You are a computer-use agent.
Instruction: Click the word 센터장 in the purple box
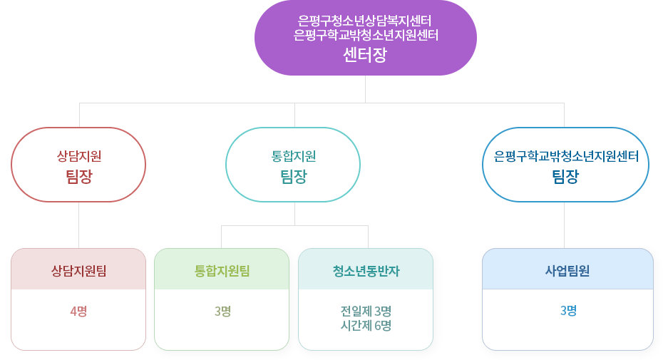click(x=365, y=55)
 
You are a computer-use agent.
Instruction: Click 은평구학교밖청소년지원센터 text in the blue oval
click(x=565, y=155)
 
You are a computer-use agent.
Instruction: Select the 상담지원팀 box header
click(x=79, y=270)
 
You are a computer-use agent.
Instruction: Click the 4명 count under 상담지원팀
click(x=79, y=311)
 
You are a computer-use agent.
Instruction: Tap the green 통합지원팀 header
click(x=222, y=270)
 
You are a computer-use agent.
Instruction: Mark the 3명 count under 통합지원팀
click(x=222, y=311)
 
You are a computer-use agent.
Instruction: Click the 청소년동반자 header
click(x=366, y=270)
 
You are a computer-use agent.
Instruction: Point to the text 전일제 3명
click(x=366, y=311)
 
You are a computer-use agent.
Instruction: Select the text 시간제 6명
click(x=366, y=325)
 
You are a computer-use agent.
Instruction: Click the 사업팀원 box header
click(x=567, y=270)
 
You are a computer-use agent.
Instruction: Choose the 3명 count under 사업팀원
click(x=567, y=311)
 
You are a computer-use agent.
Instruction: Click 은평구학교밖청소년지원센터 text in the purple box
click(x=365, y=34)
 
